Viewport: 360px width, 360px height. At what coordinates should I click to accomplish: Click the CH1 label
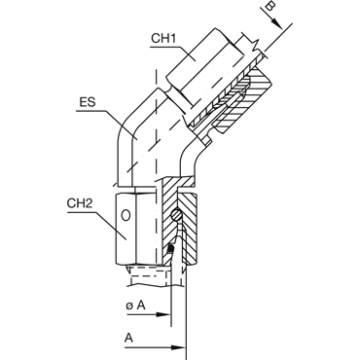[163, 39]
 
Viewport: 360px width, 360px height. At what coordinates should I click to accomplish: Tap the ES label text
[88, 102]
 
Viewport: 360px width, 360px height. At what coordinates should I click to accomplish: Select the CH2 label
[80, 203]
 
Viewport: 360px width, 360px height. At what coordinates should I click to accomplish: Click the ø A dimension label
[135, 306]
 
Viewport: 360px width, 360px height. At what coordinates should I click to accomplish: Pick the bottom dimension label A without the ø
[129, 338]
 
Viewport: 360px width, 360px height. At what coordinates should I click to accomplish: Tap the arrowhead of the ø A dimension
[163, 314]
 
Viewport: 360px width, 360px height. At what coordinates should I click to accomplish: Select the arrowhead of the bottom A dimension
[178, 347]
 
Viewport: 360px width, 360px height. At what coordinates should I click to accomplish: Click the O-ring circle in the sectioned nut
[175, 214]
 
